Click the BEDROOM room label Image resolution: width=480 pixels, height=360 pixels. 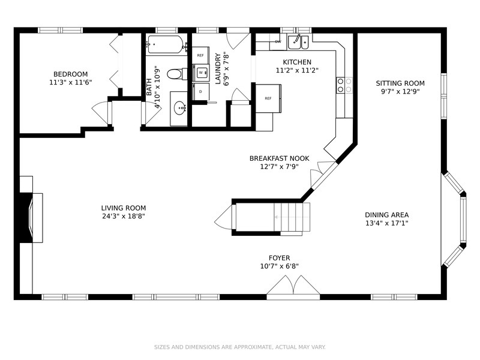tap(70, 74)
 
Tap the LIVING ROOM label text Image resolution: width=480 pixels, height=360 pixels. tap(124, 208)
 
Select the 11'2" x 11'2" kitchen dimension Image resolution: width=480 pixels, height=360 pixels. tap(297, 70)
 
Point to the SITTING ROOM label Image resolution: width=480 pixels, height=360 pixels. tap(400, 83)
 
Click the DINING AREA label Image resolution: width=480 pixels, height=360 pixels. tap(386, 215)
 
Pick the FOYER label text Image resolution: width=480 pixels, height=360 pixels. tap(279, 258)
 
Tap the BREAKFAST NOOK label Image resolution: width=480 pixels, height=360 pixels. tap(279, 158)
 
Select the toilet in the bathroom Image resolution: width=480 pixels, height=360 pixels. tap(177, 74)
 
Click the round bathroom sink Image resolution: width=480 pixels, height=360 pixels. tap(179, 108)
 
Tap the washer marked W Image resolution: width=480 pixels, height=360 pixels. tap(201, 73)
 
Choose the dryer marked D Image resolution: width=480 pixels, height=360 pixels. tap(200, 92)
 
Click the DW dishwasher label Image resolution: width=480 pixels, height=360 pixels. tap(278, 41)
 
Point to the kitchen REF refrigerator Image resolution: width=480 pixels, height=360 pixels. tap(268, 98)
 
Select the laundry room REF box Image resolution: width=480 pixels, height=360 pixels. tap(200, 55)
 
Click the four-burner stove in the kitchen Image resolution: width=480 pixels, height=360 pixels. tap(344, 85)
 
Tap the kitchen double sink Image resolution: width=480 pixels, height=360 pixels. tap(298, 41)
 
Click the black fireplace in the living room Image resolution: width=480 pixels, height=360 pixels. tap(26, 218)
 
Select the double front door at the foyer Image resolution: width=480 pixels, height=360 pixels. tap(293, 286)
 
